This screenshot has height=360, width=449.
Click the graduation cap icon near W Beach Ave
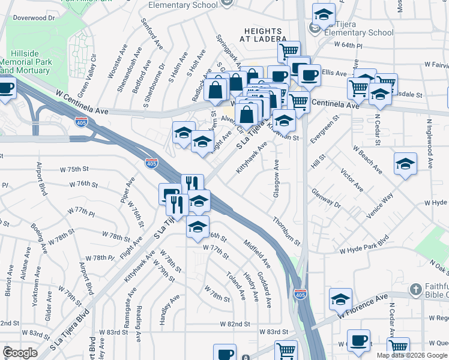point(406,163)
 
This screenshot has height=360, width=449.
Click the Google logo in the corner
point(20,353)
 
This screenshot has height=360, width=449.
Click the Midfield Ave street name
point(257,254)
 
